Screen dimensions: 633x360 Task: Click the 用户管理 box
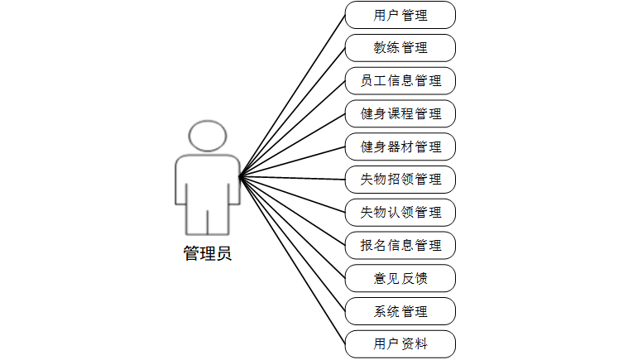[400, 15]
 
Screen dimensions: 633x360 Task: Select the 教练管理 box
[400, 48]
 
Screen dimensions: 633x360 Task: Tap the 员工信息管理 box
[400, 81]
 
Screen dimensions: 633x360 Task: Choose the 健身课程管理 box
[400, 113]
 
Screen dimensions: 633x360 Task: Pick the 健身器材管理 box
[400, 146]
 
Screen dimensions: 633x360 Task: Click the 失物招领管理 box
[400, 180]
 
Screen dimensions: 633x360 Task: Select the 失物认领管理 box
[400, 212]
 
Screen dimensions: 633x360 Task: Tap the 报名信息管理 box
[400, 245]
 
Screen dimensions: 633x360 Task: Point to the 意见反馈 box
[400, 278]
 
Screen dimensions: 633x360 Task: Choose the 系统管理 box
[400, 311]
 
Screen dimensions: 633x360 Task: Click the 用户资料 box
[400, 343]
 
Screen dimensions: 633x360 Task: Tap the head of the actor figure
[207, 137]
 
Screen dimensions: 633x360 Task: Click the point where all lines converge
[240, 176]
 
